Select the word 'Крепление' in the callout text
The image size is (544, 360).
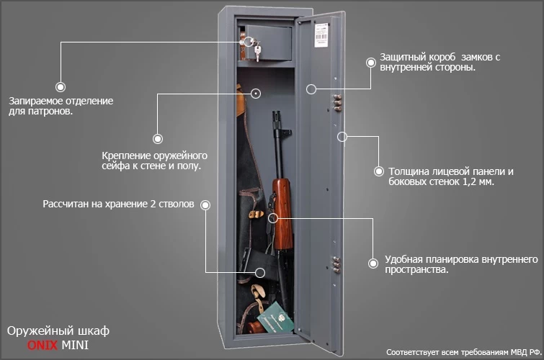(128, 155)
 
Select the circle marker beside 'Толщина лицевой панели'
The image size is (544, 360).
(378, 171)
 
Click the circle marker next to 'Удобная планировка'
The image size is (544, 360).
(373, 264)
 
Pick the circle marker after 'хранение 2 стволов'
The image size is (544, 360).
(205, 205)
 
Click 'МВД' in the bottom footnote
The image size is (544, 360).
(511, 352)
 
